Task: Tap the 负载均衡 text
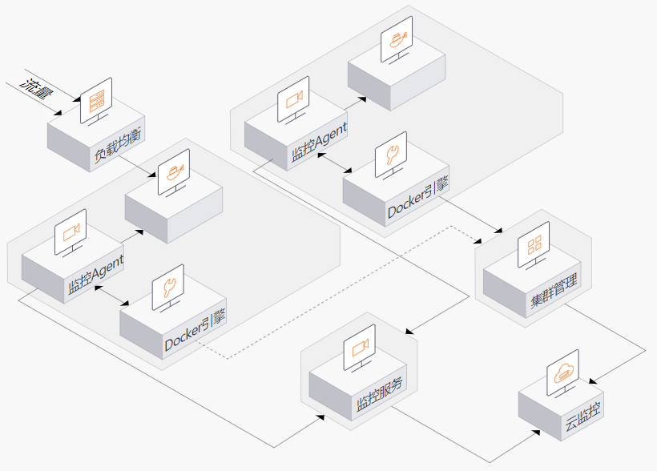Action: [x=118, y=145]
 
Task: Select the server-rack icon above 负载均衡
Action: [x=96, y=101]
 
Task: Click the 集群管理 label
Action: [x=554, y=290]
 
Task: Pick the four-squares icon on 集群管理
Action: [x=534, y=244]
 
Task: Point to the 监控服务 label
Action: [x=380, y=393]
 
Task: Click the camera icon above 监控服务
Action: [x=360, y=348]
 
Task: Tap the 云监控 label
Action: [x=583, y=417]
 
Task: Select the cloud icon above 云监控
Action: [x=563, y=372]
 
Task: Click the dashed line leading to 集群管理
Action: [x=340, y=292]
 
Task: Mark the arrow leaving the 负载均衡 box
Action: [x=137, y=167]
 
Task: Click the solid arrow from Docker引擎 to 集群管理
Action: [x=470, y=215]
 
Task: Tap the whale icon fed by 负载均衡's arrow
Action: [x=175, y=171]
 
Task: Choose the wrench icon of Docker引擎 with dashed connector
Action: [x=168, y=288]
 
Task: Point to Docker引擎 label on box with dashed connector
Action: [x=195, y=330]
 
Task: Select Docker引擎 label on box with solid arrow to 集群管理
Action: [x=418, y=198]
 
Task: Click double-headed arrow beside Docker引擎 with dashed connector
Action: [x=111, y=296]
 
